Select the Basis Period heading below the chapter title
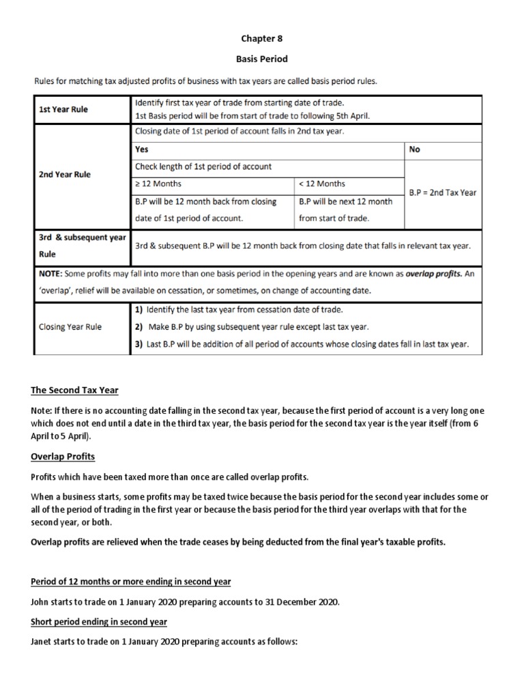[263, 59]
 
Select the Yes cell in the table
[143, 149]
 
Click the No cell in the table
[415, 149]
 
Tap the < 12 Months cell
[322, 184]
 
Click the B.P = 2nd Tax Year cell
[442, 192]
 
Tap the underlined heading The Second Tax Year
[74, 390]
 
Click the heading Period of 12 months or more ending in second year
[131, 582]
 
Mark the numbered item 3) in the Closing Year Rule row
[139, 344]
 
